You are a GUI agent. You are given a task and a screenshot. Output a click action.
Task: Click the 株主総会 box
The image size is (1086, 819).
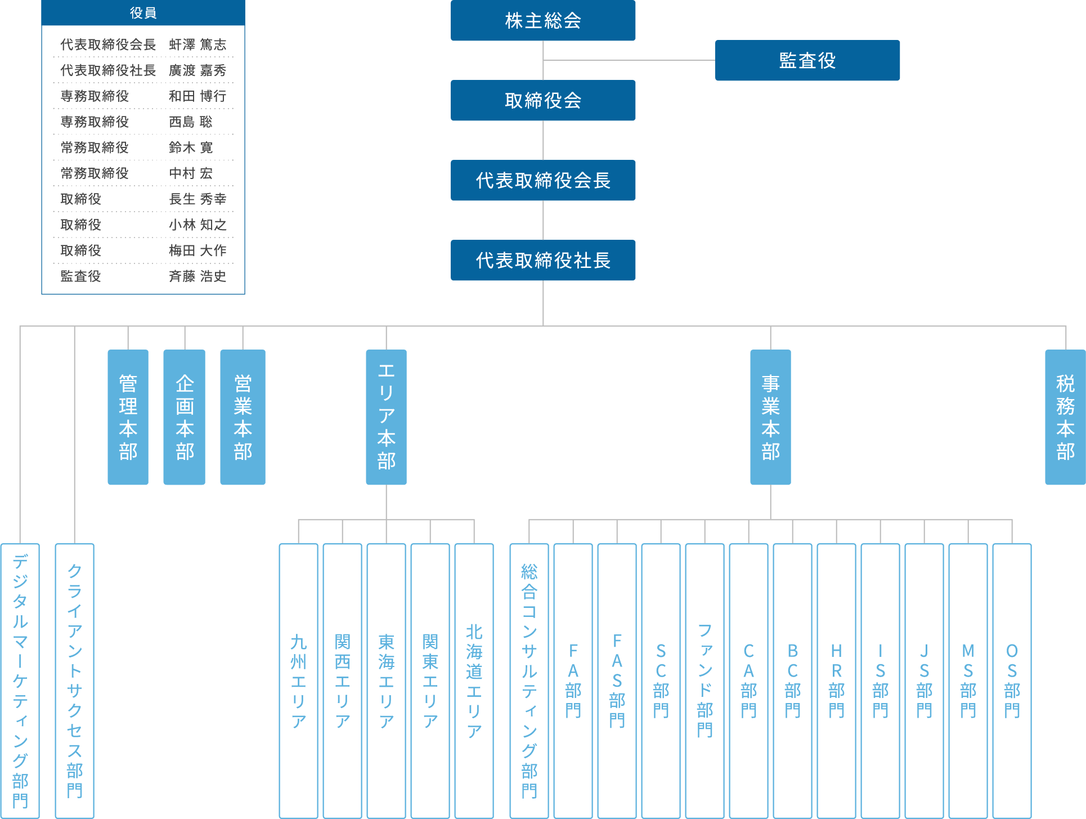[543, 21]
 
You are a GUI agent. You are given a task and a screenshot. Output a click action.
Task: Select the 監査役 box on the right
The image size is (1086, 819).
[807, 60]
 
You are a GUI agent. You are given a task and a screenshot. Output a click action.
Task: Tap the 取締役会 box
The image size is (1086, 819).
[543, 101]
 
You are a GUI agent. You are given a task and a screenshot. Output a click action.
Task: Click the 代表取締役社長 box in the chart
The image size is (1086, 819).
[543, 261]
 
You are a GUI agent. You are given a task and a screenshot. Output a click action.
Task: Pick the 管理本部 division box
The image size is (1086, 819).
[128, 417]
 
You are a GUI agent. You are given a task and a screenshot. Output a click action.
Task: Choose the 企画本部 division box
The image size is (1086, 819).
[185, 417]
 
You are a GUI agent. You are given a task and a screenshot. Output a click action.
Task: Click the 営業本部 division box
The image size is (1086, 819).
[243, 417]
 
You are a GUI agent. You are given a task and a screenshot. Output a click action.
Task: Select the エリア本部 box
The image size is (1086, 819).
[386, 417]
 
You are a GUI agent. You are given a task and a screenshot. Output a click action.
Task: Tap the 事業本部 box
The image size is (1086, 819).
[770, 417]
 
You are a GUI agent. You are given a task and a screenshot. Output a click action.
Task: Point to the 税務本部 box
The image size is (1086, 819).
[1065, 417]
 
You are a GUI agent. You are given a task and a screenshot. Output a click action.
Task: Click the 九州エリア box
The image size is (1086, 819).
[299, 681]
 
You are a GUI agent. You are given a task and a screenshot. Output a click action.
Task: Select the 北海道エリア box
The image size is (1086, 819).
[474, 681]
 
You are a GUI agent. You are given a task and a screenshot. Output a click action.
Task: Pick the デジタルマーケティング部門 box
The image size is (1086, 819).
[20, 681]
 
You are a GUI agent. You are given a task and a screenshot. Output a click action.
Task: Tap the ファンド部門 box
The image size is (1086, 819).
[705, 681]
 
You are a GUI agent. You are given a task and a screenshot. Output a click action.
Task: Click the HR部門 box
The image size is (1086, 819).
[837, 681]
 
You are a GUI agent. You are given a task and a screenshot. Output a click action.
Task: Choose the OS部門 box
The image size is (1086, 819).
[1012, 681]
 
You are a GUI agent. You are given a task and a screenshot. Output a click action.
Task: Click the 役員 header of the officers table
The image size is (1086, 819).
[143, 13]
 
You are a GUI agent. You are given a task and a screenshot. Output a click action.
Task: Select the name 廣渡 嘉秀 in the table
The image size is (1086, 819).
[198, 70]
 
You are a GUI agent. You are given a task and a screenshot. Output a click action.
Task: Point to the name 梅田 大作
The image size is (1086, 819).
[198, 250]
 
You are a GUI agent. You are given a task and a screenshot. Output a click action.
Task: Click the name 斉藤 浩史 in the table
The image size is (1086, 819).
[198, 276]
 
